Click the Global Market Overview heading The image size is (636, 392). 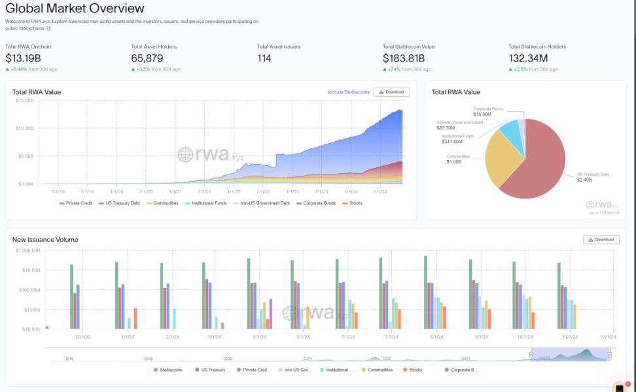[75, 8]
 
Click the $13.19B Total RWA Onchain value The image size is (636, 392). [23, 58]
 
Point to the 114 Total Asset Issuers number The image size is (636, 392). [264, 58]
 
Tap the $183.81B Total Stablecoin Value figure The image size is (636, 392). [404, 58]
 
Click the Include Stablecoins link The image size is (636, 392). [348, 92]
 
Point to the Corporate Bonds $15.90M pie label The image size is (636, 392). [488, 112]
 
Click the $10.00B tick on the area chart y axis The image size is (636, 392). [25, 128]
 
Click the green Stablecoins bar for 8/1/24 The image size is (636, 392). [425, 292]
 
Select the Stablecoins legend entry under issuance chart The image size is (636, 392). [171, 370]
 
